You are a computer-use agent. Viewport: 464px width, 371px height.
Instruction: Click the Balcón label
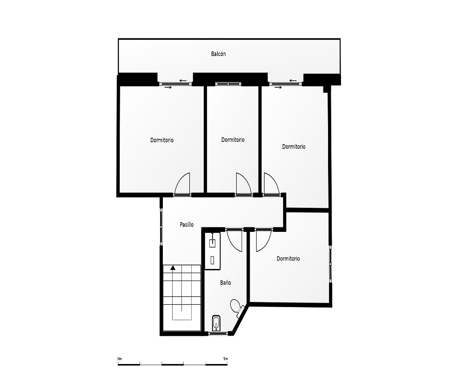(x=219, y=54)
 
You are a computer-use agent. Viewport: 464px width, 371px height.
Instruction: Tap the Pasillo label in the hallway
(x=187, y=224)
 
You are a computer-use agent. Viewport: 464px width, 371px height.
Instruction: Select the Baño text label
(x=225, y=282)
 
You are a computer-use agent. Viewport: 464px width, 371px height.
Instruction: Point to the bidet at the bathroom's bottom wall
(x=216, y=323)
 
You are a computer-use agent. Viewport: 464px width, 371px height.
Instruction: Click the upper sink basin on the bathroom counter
(x=213, y=243)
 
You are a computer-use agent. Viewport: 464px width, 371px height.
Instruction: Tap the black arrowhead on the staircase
(x=173, y=268)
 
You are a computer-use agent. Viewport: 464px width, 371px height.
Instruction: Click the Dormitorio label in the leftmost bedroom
(x=162, y=140)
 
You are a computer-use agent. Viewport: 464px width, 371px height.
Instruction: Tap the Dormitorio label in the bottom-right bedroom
(x=288, y=259)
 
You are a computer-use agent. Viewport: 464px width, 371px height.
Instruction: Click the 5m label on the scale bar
(x=226, y=358)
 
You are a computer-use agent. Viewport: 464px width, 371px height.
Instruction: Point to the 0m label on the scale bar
(x=120, y=358)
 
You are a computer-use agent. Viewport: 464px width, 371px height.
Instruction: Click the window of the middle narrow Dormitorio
(x=228, y=84)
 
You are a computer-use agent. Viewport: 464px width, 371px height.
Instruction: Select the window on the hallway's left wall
(x=161, y=226)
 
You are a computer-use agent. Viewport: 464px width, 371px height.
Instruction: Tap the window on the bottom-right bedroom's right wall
(x=330, y=264)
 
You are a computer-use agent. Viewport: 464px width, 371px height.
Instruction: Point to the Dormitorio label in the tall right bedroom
(x=294, y=147)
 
